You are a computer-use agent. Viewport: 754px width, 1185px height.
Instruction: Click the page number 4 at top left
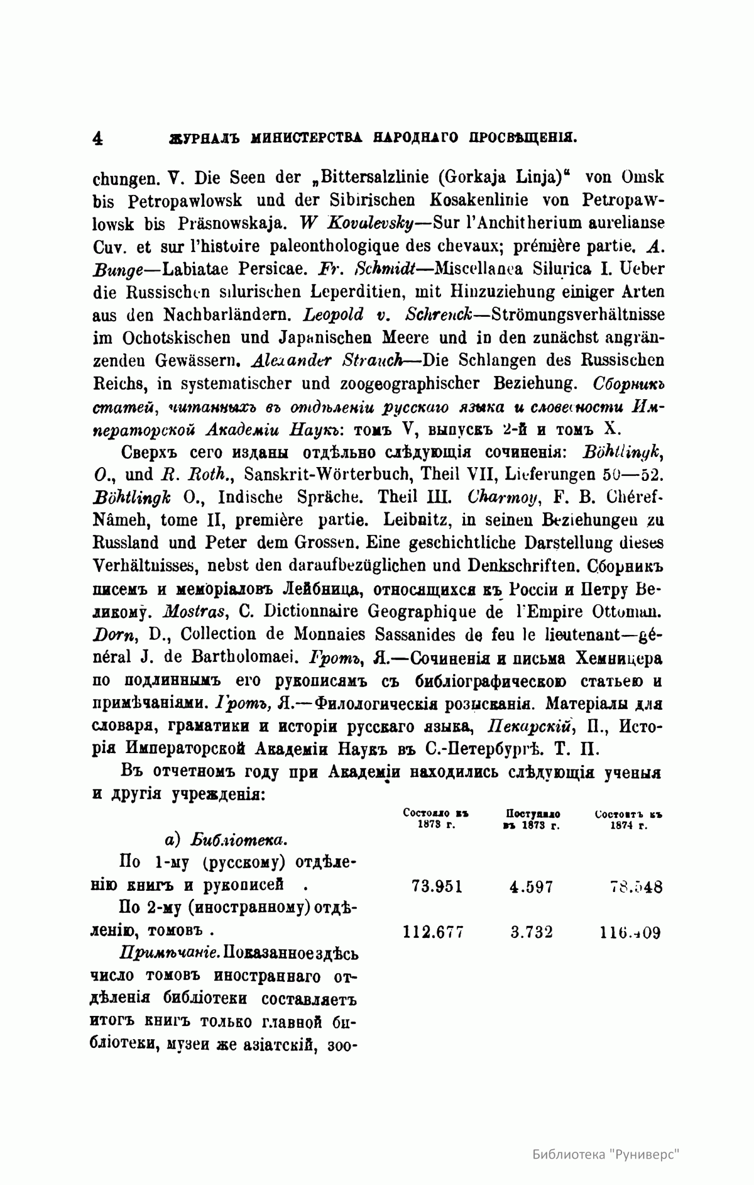pyautogui.click(x=97, y=138)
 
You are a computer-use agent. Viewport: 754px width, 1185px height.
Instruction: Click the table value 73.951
pyautogui.click(x=437, y=886)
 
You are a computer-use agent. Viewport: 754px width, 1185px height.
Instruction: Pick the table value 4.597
pyautogui.click(x=532, y=886)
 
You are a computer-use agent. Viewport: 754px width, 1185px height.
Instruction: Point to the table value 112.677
pyautogui.click(x=432, y=932)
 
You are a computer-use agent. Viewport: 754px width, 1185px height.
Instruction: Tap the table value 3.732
pyautogui.click(x=532, y=932)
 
